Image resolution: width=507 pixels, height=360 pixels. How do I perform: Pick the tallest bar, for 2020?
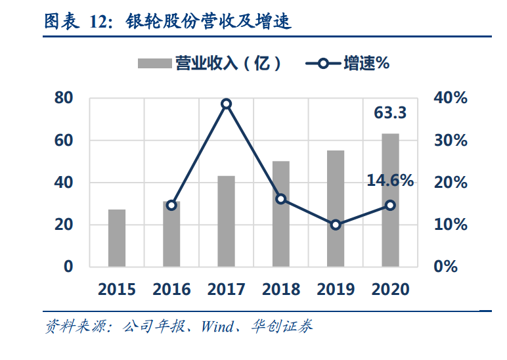[390, 200]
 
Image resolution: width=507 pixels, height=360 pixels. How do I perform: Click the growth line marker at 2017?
[226, 104]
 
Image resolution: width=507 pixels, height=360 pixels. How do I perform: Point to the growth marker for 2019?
[336, 225]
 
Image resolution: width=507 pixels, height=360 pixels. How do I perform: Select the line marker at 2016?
[171, 205]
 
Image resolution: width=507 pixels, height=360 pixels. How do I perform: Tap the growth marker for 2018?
[281, 198]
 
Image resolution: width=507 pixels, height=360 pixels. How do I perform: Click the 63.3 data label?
[390, 113]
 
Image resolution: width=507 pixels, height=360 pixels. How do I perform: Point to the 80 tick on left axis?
[63, 98]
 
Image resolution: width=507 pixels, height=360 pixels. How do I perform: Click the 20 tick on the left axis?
[63, 225]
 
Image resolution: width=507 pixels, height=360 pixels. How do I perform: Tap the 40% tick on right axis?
[451, 98]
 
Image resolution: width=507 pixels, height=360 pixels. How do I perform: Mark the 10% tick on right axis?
[451, 225]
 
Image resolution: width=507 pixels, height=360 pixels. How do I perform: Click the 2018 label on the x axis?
[281, 289]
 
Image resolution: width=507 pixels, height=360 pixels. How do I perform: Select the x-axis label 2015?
[117, 289]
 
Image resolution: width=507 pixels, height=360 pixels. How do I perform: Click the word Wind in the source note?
[217, 326]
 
